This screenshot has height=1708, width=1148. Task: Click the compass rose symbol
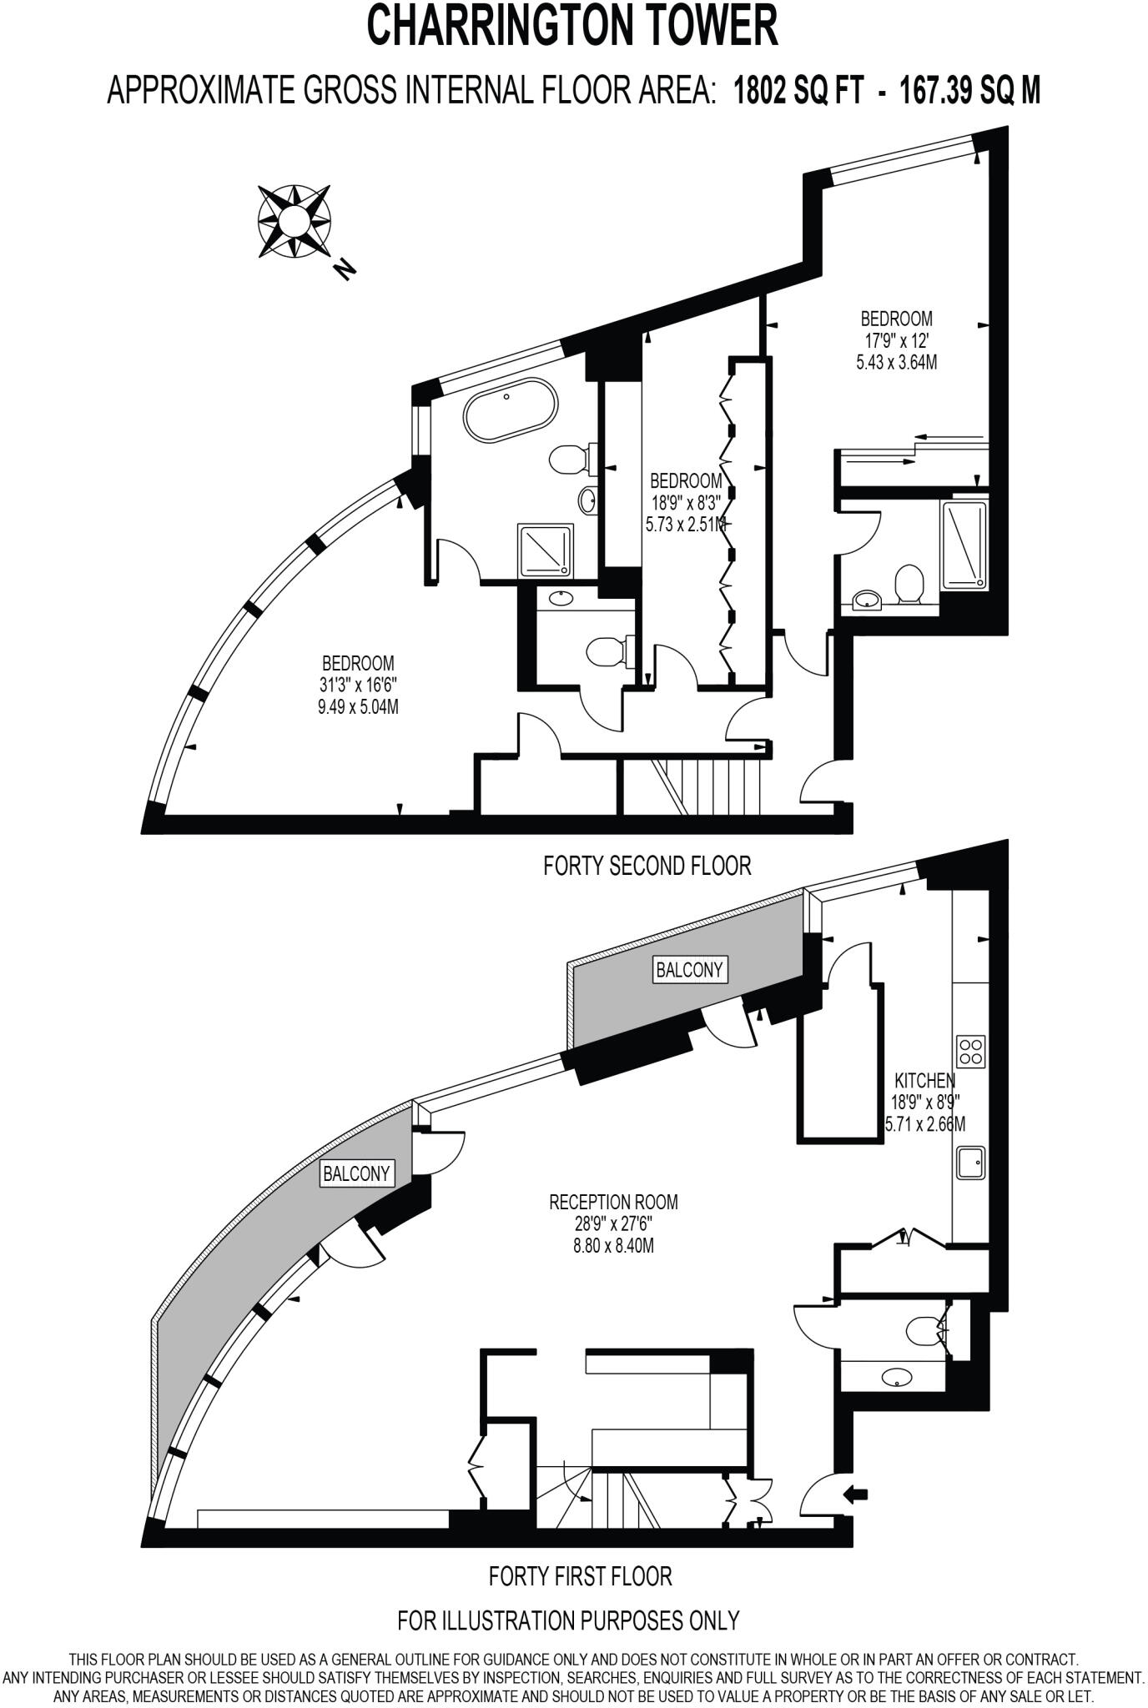click(x=293, y=222)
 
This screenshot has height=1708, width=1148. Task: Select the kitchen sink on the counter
click(x=970, y=1163)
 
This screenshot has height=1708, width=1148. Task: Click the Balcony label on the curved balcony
click(x=356, y=1174)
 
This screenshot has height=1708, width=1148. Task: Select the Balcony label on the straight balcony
click(x=690, y=970)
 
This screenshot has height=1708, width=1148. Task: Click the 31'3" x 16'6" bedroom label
click(x=359, y=685)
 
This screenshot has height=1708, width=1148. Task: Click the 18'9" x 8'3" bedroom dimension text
click(x=686, y=503)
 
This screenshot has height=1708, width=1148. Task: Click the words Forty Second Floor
click(x=647, y=866)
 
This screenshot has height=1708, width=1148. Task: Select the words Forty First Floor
click(x=580, y=1575)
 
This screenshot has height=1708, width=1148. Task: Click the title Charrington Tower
click(x=573, y=27)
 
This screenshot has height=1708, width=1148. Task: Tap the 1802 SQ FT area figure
click(x=798, y=90)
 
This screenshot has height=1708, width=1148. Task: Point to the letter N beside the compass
click(x=344, y=269)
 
